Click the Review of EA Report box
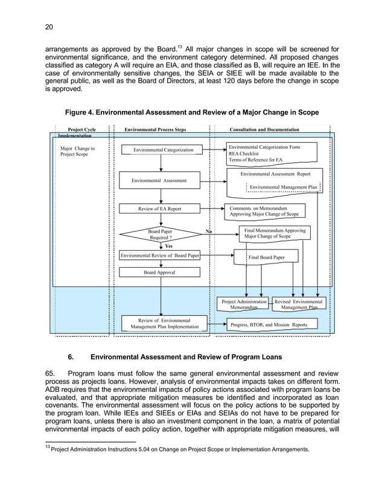tap(159, 209)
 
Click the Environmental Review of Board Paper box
tap(160, 256)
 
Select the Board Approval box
tap(160, 273)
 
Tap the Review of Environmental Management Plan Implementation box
tap(164, 323)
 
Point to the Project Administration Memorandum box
tap(244, 304)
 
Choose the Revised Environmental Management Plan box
tap(299, 304)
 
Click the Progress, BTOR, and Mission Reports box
tap(269, 325)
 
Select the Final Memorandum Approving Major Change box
tap(275, 233)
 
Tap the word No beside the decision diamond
tap(209, 231)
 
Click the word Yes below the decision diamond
tap(168, 246)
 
